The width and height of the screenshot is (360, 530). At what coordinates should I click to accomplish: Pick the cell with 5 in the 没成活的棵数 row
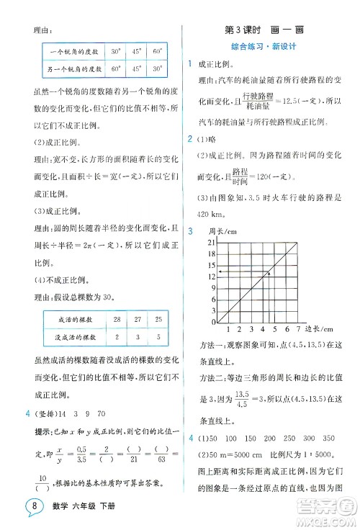point(158,336)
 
